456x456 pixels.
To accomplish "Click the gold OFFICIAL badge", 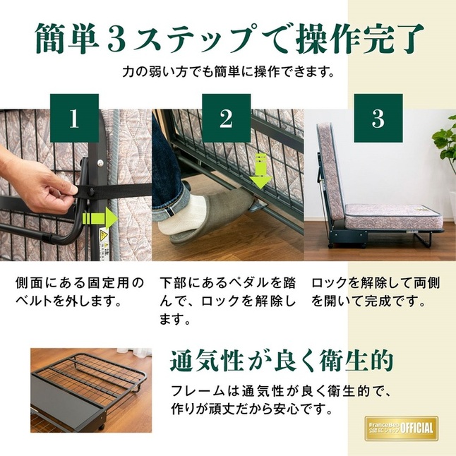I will (x=401, y=427).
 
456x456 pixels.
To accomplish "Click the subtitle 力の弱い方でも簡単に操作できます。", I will (x=227, y=73).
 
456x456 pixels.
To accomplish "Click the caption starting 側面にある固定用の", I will (x=80, y=292).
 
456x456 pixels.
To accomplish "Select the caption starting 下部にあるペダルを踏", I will (x=227, y=301).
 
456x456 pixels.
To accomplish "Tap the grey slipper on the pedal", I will (x=205, y=216).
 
